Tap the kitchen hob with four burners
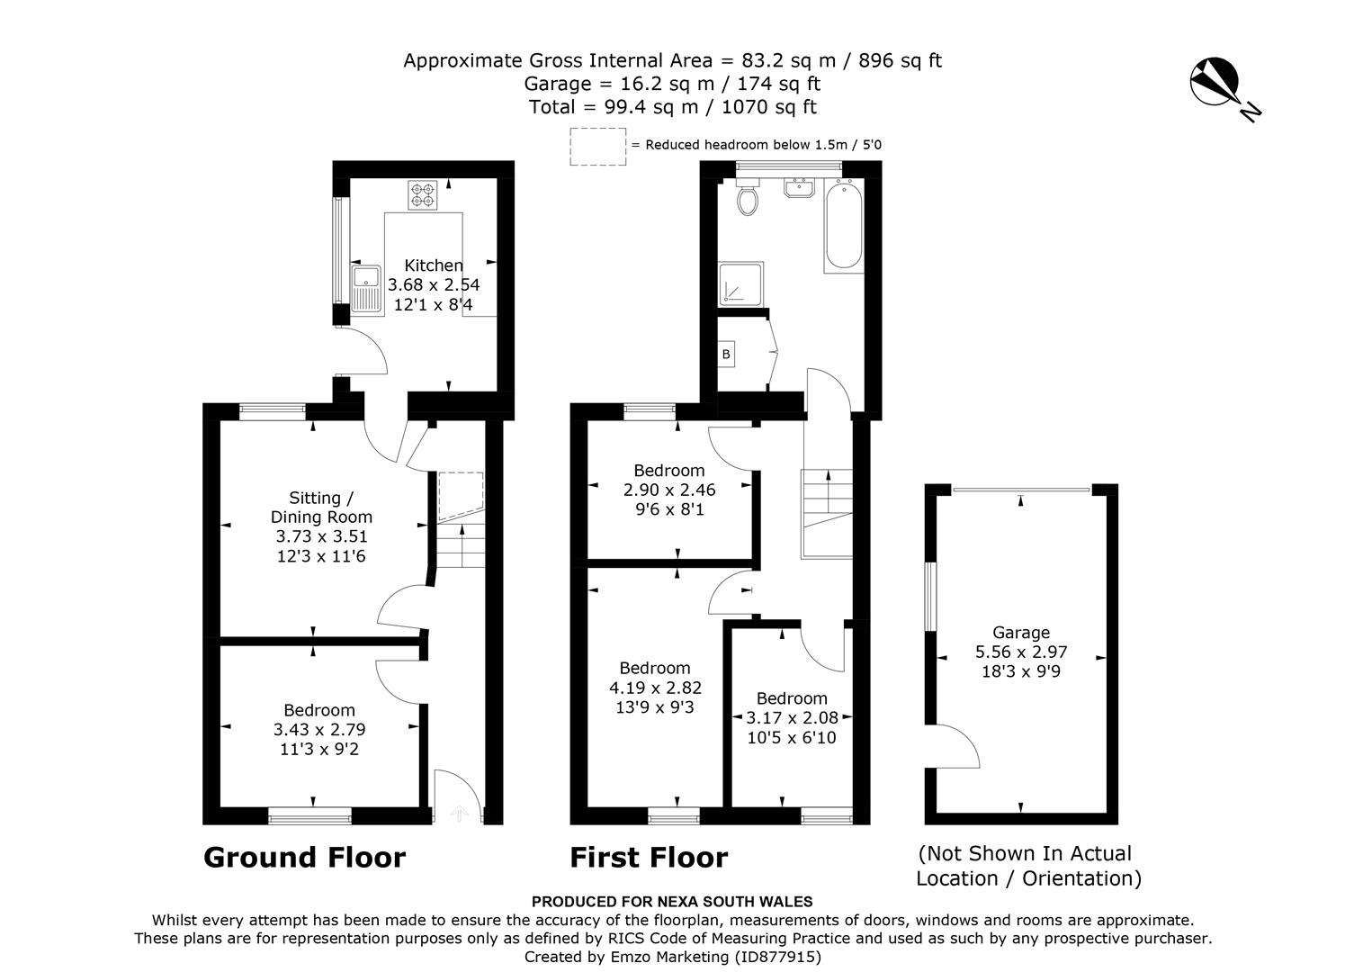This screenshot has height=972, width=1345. [x=422, y=195]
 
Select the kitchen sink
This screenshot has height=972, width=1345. [x=366, y=289]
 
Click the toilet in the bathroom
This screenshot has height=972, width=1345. [x=747, y=198]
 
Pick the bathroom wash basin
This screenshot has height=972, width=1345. [x=798, y=187]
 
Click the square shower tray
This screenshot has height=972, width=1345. [x=740, y=283]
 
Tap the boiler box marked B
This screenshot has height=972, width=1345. [x=726, y=355]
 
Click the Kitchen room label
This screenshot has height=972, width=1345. [x=434, y=265]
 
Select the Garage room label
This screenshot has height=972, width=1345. [x=1021, y=633]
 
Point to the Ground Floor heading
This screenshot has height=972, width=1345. [x=304, y=858]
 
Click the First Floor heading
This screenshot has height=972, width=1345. [x=648, y=858]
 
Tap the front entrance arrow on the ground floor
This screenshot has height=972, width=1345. [x=459, y=814]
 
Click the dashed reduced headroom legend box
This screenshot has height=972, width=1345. [x=597, y=146]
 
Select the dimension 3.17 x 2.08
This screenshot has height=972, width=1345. [x=792, y=718]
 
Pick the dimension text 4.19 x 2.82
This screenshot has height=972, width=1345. [x=654, y=688]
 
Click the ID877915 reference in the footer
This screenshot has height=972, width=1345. [x=777, y=957]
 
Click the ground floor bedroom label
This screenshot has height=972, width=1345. [x=319, y=710]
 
